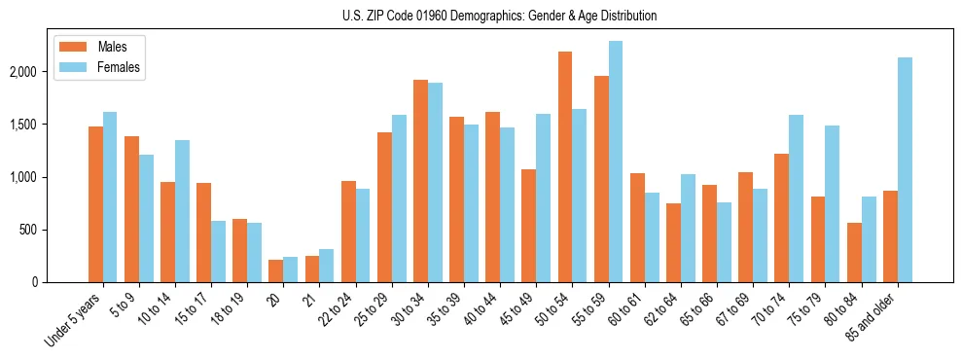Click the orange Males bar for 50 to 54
click(x=565, y=166)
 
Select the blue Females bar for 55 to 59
click(x=616, y=162)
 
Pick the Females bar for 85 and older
click(x=905, y=169)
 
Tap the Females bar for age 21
click(x=327, y=266)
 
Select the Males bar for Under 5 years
click(x=95, y=204)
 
